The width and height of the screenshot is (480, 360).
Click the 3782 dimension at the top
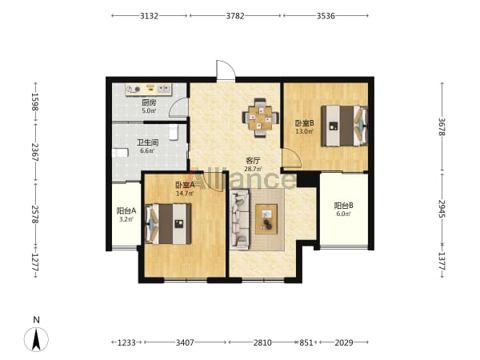coord(235,16)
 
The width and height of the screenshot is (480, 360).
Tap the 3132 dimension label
coord(149,16)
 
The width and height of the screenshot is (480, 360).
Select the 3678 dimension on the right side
coord(442,126)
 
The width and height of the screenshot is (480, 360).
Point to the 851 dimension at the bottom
coord(306,342)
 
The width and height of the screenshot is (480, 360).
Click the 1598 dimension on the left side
coord(35,102)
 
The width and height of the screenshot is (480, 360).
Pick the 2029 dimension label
coord(344,342)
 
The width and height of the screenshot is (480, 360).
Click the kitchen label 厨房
coord(149,103)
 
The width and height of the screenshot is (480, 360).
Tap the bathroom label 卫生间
coord(147,142)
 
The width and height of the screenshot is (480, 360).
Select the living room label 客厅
coord(253,161)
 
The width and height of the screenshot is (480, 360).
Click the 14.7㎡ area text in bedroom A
coord(185,193)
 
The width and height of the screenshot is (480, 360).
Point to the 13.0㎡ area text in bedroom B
coord(304,131)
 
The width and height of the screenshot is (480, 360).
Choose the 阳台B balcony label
coord(343,206)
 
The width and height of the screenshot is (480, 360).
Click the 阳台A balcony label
coord(126,211)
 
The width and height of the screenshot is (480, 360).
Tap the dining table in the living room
coord(260,118)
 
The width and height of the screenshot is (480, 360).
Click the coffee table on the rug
coord(266,219)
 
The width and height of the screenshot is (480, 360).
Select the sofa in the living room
coord(240,219)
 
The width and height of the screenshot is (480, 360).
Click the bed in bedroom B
coord(344,126)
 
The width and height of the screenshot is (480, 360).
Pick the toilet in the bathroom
coord(174,132)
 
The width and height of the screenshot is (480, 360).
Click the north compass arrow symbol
coord(37,339)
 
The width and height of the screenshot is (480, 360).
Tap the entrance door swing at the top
coord(226,70)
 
